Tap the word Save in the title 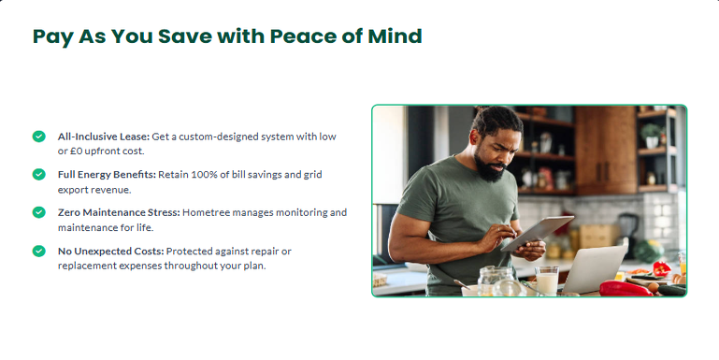pos(184,36)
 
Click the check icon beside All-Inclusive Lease pos(39,137)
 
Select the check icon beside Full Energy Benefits pos(39,174)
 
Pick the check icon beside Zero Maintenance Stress pos(39,212)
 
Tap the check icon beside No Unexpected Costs pos(39,251)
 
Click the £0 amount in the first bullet pos(76,151)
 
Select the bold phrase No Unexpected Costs pos(110,252)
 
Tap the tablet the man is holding pos(538,233)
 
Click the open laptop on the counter pos(595,269)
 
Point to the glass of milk pos(547,281)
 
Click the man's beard pos(489,168)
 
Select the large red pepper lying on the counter pos(626,288)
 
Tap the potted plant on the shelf pos(651,136)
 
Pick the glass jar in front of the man pos(496,281)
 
